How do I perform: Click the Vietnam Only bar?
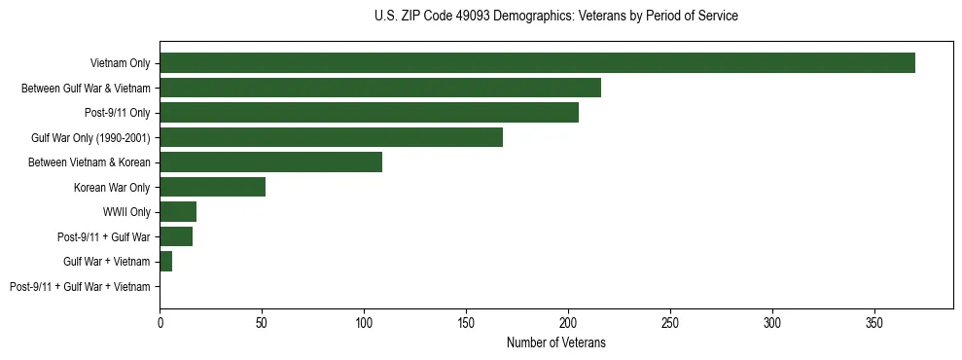[537, 63]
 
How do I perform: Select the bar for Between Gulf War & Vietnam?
[380, 88]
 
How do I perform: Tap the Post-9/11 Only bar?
[369, 113]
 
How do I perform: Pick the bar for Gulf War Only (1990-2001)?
[331, 137]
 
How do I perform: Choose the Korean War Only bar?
[212, 187]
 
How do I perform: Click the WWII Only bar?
[178, 212]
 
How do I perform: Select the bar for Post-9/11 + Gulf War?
[176, 236]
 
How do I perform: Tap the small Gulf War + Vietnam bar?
[166, 262]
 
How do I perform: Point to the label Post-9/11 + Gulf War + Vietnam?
[80, 287]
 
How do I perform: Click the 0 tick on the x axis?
[160, 322]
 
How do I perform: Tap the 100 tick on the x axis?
[364, 322]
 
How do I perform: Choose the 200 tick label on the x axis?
[568, 322]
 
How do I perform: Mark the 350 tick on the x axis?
[874, 322]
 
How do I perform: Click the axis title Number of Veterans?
[555, 342]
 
